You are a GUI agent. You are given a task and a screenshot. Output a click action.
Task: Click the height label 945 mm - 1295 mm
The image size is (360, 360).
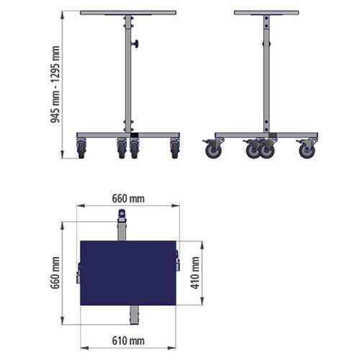pos(55,85)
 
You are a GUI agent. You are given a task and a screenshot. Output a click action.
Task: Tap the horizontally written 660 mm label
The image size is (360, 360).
pos(128,198)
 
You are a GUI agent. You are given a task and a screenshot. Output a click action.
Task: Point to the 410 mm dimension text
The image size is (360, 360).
pos(194,271)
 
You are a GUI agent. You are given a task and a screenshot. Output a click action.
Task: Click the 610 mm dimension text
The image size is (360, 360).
pos(128,341)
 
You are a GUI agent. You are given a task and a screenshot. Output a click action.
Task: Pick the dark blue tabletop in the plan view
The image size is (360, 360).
pos(128,271)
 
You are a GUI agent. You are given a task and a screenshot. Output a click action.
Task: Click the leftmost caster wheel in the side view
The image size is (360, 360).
pos(213,151)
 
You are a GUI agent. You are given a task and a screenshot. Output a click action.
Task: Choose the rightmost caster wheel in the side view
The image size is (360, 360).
pos(307,151)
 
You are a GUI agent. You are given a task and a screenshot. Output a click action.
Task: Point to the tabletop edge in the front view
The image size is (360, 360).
pos(128,13)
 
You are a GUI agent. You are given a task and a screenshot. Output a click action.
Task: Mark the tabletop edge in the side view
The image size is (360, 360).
pos(266,13)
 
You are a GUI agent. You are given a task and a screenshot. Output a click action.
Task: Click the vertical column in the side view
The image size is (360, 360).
pos(266,72)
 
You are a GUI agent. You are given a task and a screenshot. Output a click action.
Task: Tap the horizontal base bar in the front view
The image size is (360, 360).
pos(128,135)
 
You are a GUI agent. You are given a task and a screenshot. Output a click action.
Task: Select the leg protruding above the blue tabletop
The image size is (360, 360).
pos(122,225)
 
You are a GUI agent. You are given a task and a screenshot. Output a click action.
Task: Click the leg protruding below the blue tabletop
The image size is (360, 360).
pos(135,315)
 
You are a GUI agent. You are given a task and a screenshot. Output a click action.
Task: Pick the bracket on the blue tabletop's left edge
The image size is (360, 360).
pos(79,274)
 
